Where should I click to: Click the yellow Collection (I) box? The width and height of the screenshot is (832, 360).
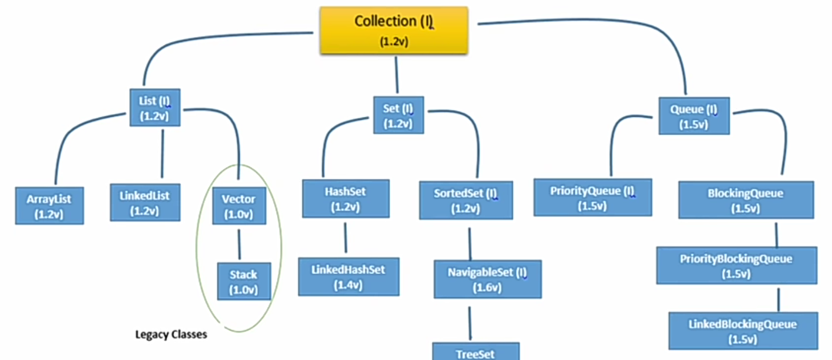click(393, 30)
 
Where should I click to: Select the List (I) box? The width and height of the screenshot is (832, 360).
click(155, 108)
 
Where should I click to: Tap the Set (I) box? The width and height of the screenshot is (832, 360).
click(398, 115)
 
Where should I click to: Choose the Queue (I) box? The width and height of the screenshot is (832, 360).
click(694, 116)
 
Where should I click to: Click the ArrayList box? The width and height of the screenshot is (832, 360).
click(50, 205)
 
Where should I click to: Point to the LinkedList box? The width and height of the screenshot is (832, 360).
click(145, 202)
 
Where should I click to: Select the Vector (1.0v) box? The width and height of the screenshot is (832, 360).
click(239, 206)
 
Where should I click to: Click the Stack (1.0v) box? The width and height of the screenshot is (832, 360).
click(243, 281)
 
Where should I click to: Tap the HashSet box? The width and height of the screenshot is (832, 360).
click(345, 198)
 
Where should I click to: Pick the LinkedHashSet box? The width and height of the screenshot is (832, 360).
click(348, 276)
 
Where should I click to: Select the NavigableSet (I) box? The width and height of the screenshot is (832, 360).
click(488, 279)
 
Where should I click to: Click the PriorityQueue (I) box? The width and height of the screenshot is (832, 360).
click(593, 198)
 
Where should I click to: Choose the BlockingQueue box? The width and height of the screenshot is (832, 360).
click(745, 200)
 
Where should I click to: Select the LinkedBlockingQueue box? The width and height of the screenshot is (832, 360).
click(743, 331)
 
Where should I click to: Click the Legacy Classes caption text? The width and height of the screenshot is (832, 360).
click(171, 335)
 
